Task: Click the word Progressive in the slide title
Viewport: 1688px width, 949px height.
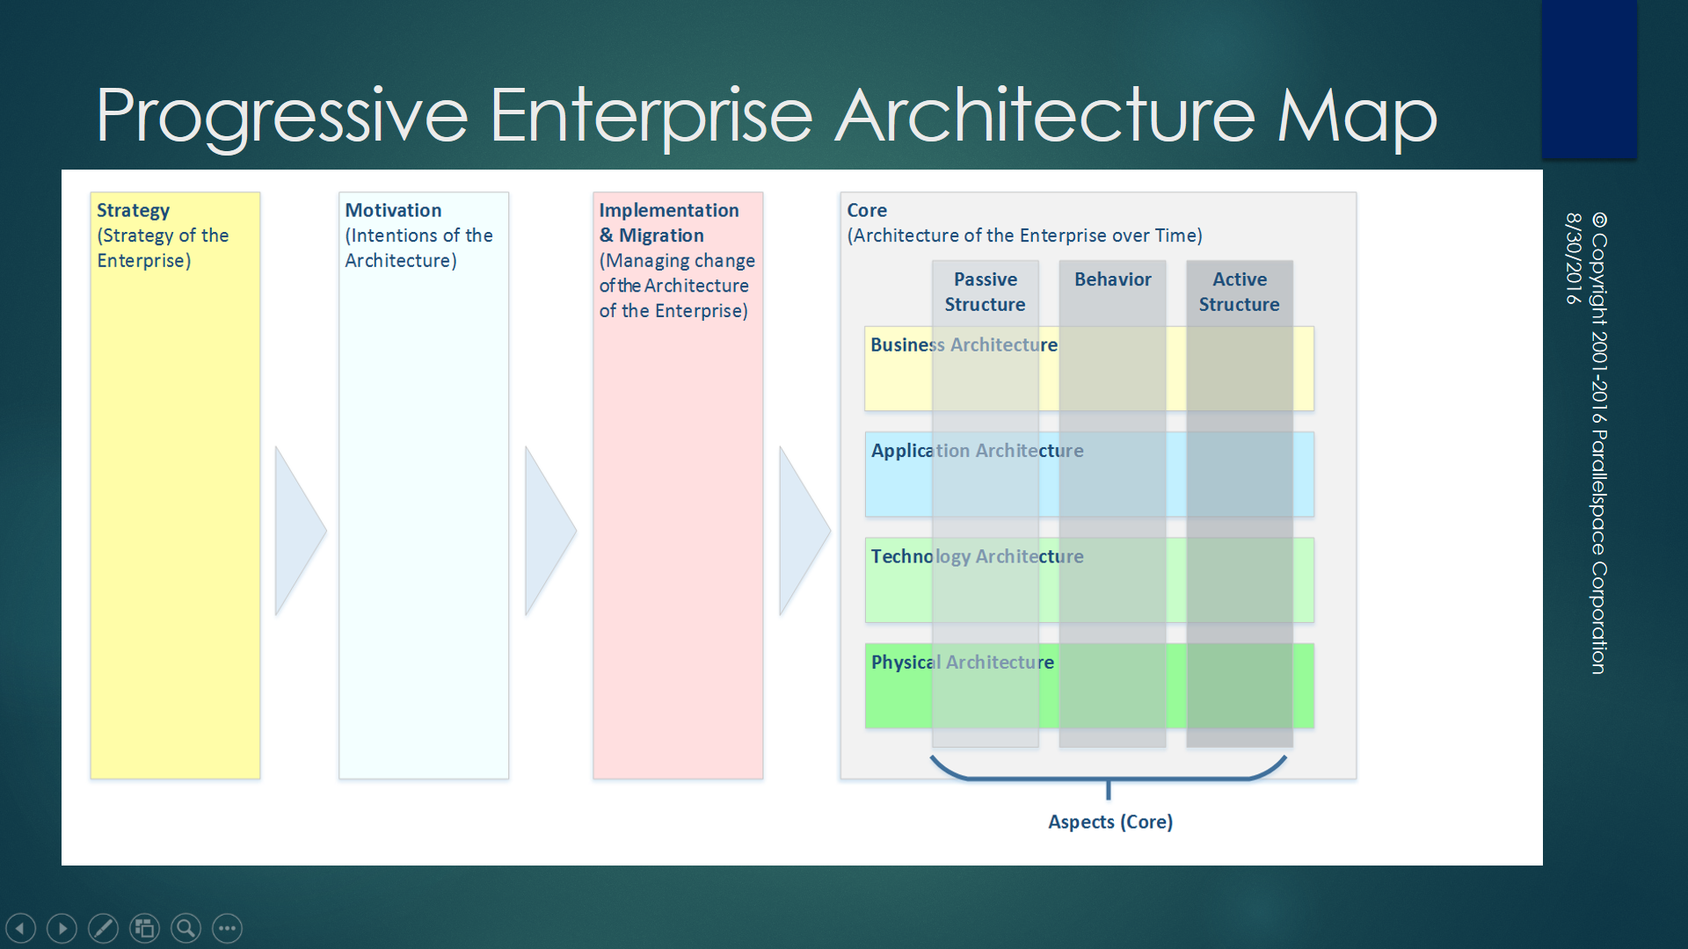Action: [x=281, y=116]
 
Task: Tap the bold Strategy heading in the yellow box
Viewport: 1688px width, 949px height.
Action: [x=133, y=211]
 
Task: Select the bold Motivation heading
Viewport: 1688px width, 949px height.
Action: [x=393, y=211]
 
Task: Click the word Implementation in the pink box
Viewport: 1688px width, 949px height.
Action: [x=668, y=211]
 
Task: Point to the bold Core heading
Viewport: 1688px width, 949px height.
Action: [x=867, y=211]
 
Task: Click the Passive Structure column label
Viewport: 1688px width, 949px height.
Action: [x=985, y=292]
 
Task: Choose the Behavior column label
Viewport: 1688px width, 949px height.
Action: [x=1112, y=279]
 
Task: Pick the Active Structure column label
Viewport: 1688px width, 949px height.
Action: [x=1239, y=292]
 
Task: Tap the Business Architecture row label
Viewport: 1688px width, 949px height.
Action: [x=964, y=345]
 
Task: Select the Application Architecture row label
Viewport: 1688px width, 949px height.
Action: [x=977, y=451]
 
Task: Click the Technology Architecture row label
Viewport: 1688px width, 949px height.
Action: [x=977, y=557]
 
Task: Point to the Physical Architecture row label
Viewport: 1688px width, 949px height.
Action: [x=962, y=663]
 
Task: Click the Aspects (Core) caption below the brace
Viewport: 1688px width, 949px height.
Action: [x=1110, y=822]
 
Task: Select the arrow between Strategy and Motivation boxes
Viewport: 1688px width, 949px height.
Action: [x=298, y=531]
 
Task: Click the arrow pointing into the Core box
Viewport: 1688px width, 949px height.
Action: [x=802, y=531]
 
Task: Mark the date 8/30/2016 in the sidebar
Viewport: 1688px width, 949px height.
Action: [x=1573, y=258]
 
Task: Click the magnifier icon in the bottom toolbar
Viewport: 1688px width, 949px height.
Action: [x=186, y=928]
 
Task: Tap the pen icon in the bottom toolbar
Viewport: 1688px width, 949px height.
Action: [x=103, y=928]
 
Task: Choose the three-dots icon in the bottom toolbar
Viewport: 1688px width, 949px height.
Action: [x=227, y=928]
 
